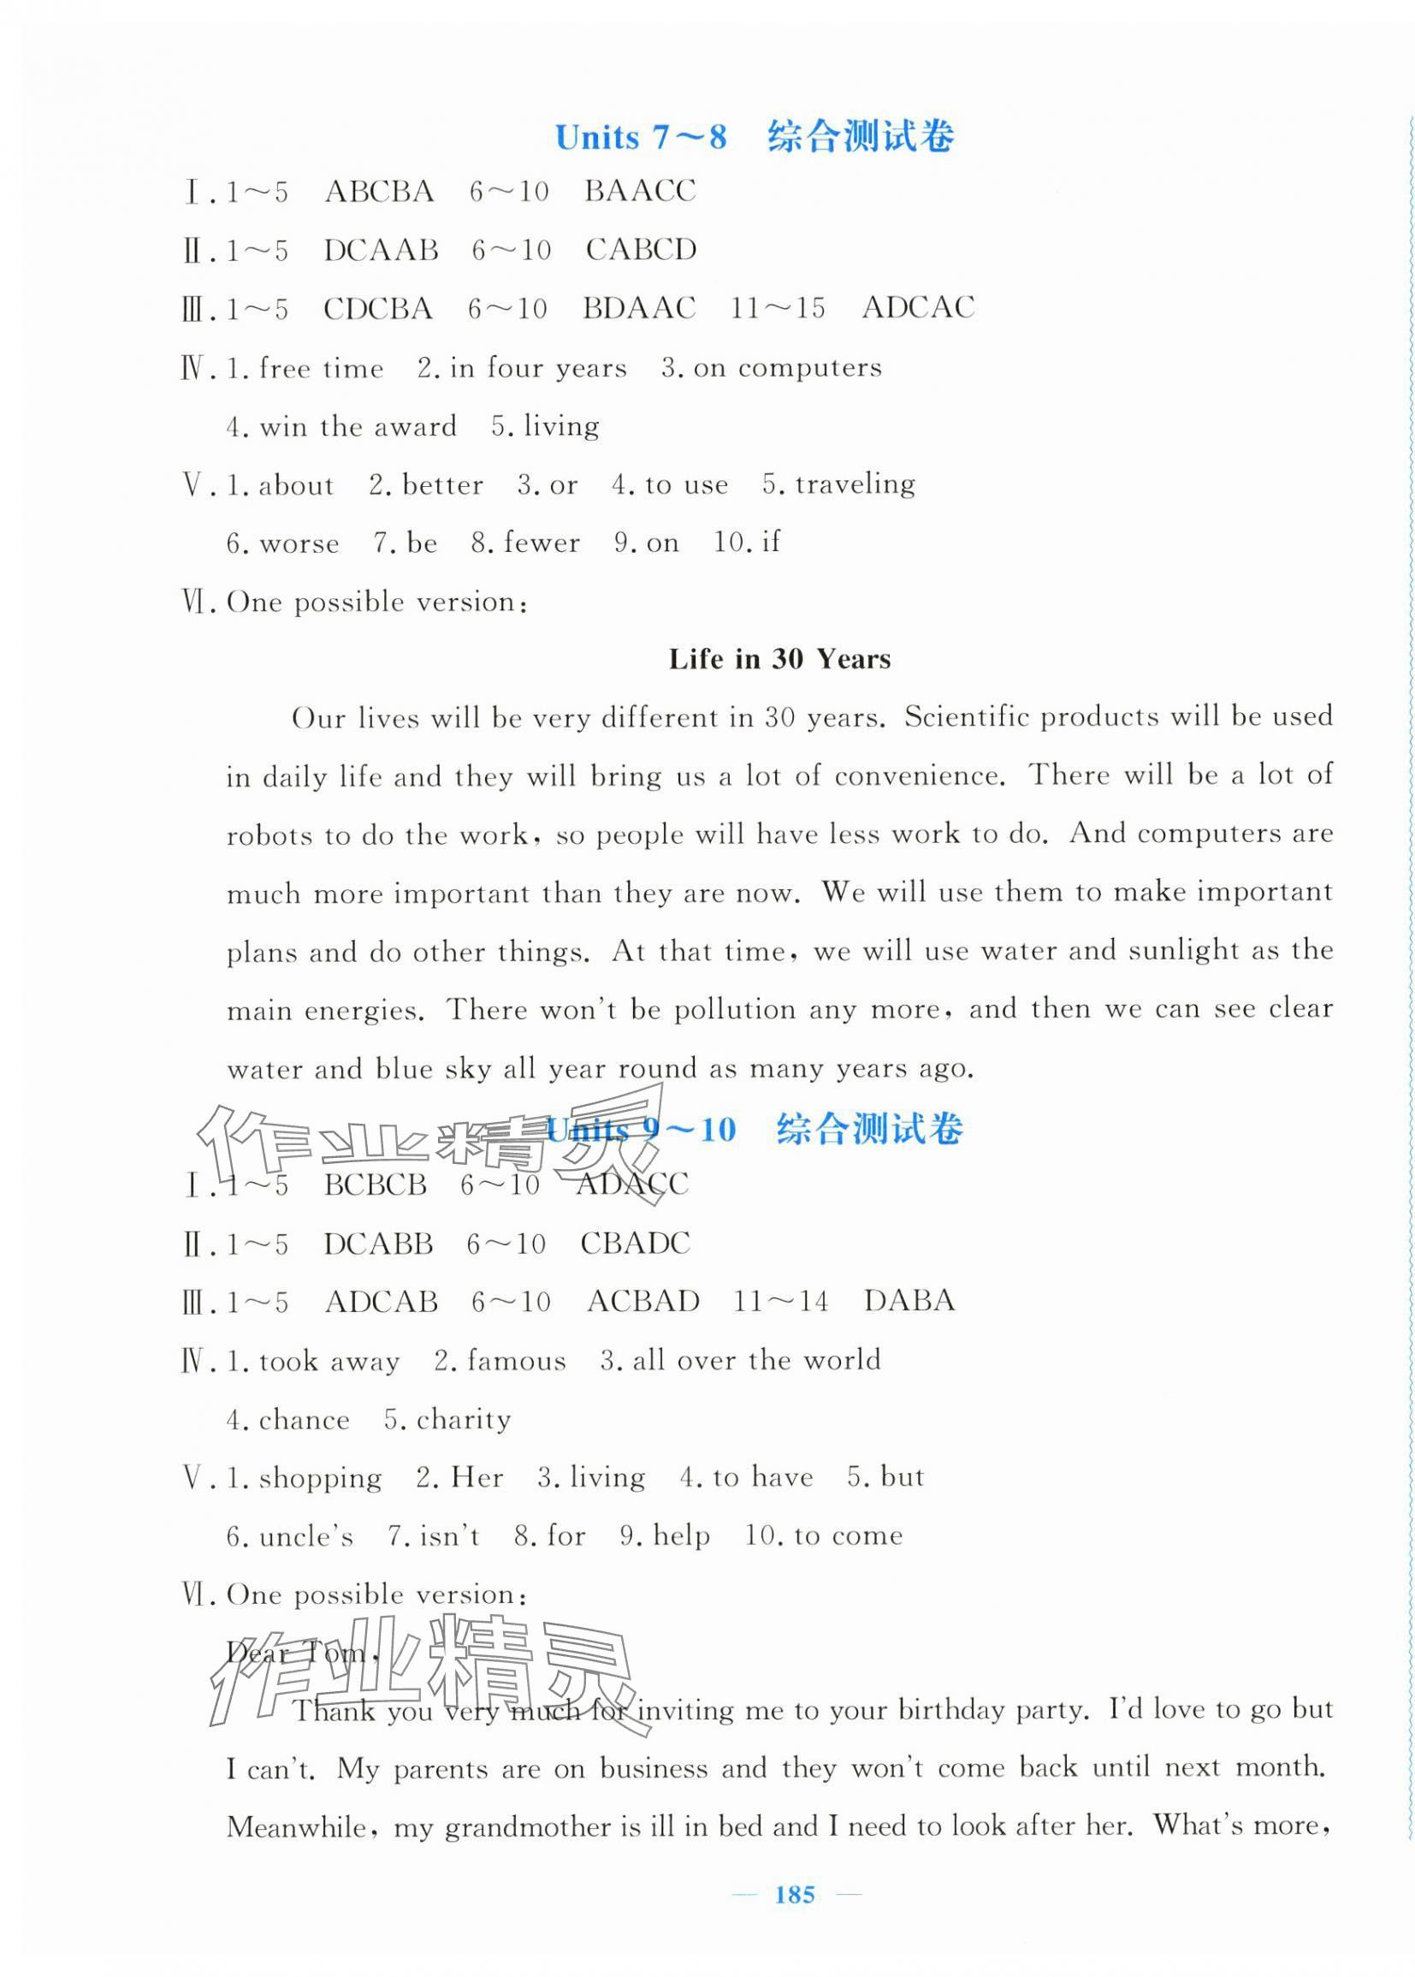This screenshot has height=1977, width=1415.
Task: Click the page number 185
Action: (x=794, y=1894)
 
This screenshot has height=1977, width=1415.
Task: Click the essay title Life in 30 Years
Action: (x=780, y=659)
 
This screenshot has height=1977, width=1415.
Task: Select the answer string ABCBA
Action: (x=379, y=191)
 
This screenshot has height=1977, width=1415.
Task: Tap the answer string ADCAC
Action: (x=917, y=308)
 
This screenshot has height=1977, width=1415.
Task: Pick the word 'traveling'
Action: (x=855, y=484)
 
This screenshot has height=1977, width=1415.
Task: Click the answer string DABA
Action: (x=909, y=1301)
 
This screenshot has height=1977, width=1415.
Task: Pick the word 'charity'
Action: (x=464, y=1420)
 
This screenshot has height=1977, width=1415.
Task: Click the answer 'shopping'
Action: (x=320, y=1478)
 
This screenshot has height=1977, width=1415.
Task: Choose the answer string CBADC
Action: (x=635, y=1243)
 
